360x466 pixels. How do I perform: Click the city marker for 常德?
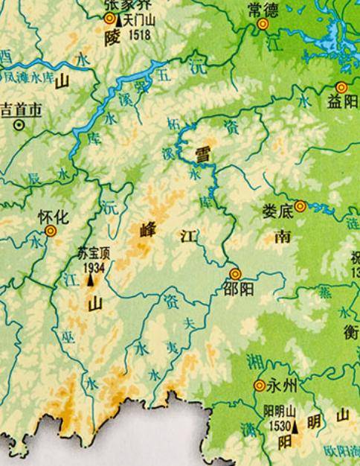(262, 25)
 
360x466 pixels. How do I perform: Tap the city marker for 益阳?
(341, 87)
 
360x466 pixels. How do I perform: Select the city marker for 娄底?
(300, 206)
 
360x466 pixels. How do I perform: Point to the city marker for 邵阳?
(235, 274)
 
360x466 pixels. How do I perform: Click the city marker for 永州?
(260, 386)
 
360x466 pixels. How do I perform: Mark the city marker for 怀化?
(50, 232)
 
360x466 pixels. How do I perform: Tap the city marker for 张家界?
(110, 19)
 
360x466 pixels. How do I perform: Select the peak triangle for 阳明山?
(296, 428)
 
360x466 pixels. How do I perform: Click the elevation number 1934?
(92, 266)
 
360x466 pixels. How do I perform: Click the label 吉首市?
(22, 109)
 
